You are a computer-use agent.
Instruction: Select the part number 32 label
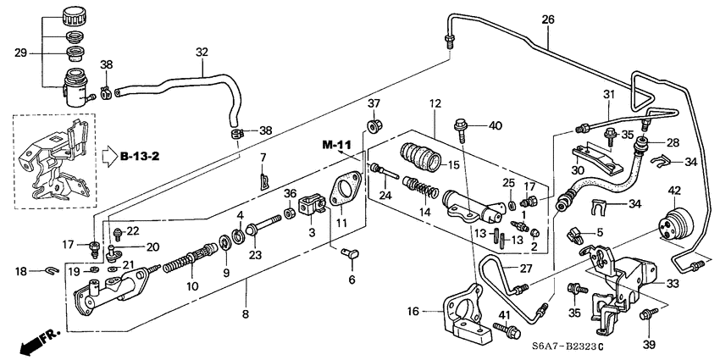pyautogui.click(x=202, y=53)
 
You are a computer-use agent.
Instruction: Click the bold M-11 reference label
pyautogui.click(x=336, y=146)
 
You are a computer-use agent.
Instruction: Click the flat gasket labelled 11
pyautogui.click(x=346, y=190)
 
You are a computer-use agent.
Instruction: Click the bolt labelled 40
pyautogui.click(x=462, y=127)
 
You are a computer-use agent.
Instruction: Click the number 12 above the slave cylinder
pyautogui.click(x=435, y=104)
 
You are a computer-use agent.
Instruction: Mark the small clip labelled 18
pyautogui.click(x=52, y=271)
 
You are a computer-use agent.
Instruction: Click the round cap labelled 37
pyautogui.click(x=372, y=130)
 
